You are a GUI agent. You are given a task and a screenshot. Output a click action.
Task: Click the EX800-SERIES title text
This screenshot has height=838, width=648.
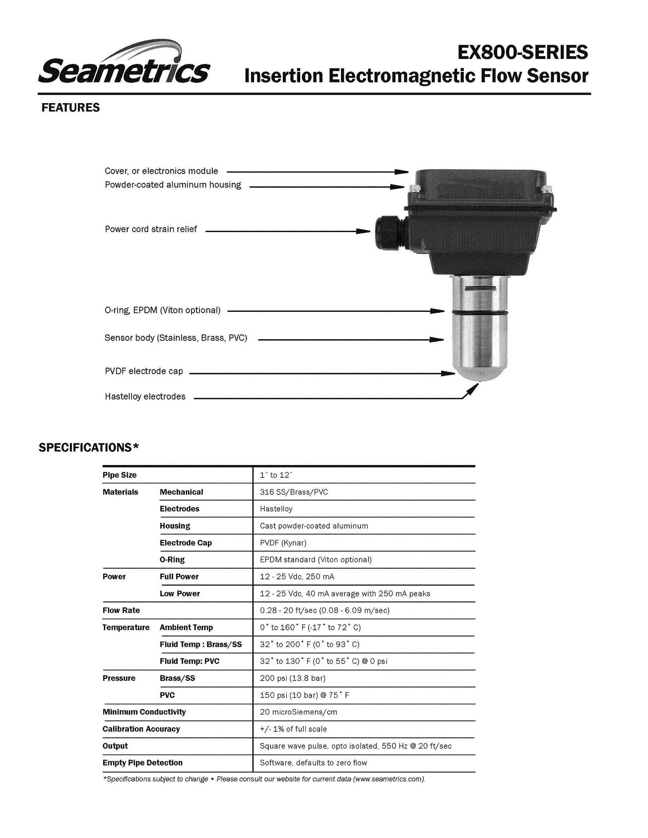point(522,52)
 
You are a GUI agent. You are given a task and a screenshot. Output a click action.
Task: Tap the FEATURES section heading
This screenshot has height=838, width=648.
point(70,108)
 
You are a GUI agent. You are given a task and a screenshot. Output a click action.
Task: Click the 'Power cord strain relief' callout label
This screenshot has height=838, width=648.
point(151,229)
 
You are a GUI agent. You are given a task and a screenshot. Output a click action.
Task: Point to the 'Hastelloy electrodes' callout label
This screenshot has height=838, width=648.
point(145,397)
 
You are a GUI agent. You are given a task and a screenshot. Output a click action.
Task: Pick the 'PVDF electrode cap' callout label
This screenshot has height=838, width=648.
point(144,371)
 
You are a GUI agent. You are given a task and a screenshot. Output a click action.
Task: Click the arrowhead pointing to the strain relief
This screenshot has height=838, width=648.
point(364,231)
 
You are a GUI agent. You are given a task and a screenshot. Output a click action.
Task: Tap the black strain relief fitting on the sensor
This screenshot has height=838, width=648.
point(389,231)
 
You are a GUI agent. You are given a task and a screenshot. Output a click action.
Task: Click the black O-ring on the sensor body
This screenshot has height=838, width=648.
point(479,312)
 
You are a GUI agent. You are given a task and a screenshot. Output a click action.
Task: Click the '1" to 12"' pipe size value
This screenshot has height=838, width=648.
point(276,475)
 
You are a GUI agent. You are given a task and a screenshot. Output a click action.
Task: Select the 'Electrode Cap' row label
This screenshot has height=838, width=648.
point(186,543)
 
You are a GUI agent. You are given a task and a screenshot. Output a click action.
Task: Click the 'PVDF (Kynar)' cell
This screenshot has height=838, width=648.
point(283,543)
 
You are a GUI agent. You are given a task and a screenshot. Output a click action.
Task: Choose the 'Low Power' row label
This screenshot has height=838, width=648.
point(180,594)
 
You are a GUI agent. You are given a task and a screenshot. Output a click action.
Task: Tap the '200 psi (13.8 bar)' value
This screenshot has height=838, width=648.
point(293,678)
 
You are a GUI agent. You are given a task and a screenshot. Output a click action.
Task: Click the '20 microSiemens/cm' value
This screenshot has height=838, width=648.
point(299,712)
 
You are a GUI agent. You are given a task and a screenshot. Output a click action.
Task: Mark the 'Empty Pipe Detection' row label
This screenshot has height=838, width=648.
point(142,763)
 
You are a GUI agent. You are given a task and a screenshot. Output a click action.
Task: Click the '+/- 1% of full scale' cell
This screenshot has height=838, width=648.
point(293,729)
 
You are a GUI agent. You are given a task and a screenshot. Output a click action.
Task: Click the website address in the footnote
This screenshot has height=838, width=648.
point(389,779)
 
